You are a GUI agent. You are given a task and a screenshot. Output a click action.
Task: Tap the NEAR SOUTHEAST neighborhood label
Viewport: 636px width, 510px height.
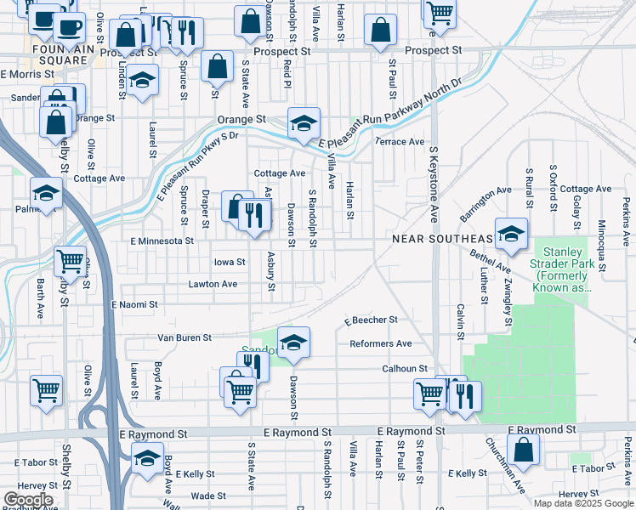click(x=442, y=239)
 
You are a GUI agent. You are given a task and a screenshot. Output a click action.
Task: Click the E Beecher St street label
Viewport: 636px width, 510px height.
click(x=371, y=320)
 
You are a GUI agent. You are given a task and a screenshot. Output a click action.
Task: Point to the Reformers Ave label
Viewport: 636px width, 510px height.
click(x=380, y=343)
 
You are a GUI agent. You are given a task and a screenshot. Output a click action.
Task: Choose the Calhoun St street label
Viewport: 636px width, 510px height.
click(x=403, y=368)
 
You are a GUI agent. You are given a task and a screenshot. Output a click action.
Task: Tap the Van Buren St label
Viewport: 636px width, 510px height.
click(x=185, y=337)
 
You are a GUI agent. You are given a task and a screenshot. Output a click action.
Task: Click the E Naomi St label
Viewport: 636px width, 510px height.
click(x=134, y=304)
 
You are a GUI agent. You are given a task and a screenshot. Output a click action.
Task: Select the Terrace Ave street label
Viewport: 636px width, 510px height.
click(x=400, y=141)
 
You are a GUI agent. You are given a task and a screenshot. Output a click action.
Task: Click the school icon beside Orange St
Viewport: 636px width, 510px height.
click(x=303, y=122)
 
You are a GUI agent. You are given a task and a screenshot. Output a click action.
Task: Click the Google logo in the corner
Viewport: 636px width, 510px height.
click(x=28, y=500)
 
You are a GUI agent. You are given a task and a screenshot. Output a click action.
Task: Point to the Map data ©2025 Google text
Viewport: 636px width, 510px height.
click(x=583, y=503)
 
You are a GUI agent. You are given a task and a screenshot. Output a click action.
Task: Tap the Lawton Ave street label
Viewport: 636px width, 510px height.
click(x=213, y=284)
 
